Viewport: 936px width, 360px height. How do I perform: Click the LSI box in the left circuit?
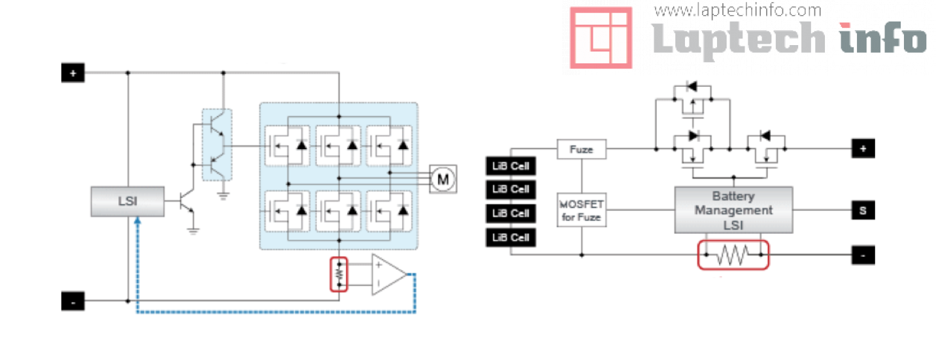(x=127, y=201)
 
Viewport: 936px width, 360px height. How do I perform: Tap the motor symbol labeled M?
(x=443, y=178)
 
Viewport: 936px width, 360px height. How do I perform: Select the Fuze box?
(x=581, y=150)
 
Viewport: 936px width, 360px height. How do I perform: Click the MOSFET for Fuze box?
(x=581, y=210)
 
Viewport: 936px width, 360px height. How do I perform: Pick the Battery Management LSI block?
(x=733, y=210)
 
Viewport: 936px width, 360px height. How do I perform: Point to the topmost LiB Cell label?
(x=510, y=165)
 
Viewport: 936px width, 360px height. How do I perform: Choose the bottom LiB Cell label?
(x=510, y=237)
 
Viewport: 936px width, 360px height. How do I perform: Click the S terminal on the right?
(x=863, y=210)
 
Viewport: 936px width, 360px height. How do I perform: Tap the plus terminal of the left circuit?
(x=73, y=73)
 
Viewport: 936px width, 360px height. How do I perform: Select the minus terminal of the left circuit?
(x=73, y=301)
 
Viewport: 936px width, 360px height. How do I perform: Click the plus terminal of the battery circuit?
(x=863, y=150)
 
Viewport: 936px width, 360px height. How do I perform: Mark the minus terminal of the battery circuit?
(x=863, y=255)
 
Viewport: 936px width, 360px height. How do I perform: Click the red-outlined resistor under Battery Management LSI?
(x=733, y=255)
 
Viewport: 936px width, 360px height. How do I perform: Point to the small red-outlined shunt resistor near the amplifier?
(x=339, y=274)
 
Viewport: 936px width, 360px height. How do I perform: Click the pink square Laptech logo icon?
(x=601, y=37)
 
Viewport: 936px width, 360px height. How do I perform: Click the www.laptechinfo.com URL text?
(x=737, y=10)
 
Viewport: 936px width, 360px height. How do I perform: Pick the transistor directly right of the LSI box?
(x=186, y=203)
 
